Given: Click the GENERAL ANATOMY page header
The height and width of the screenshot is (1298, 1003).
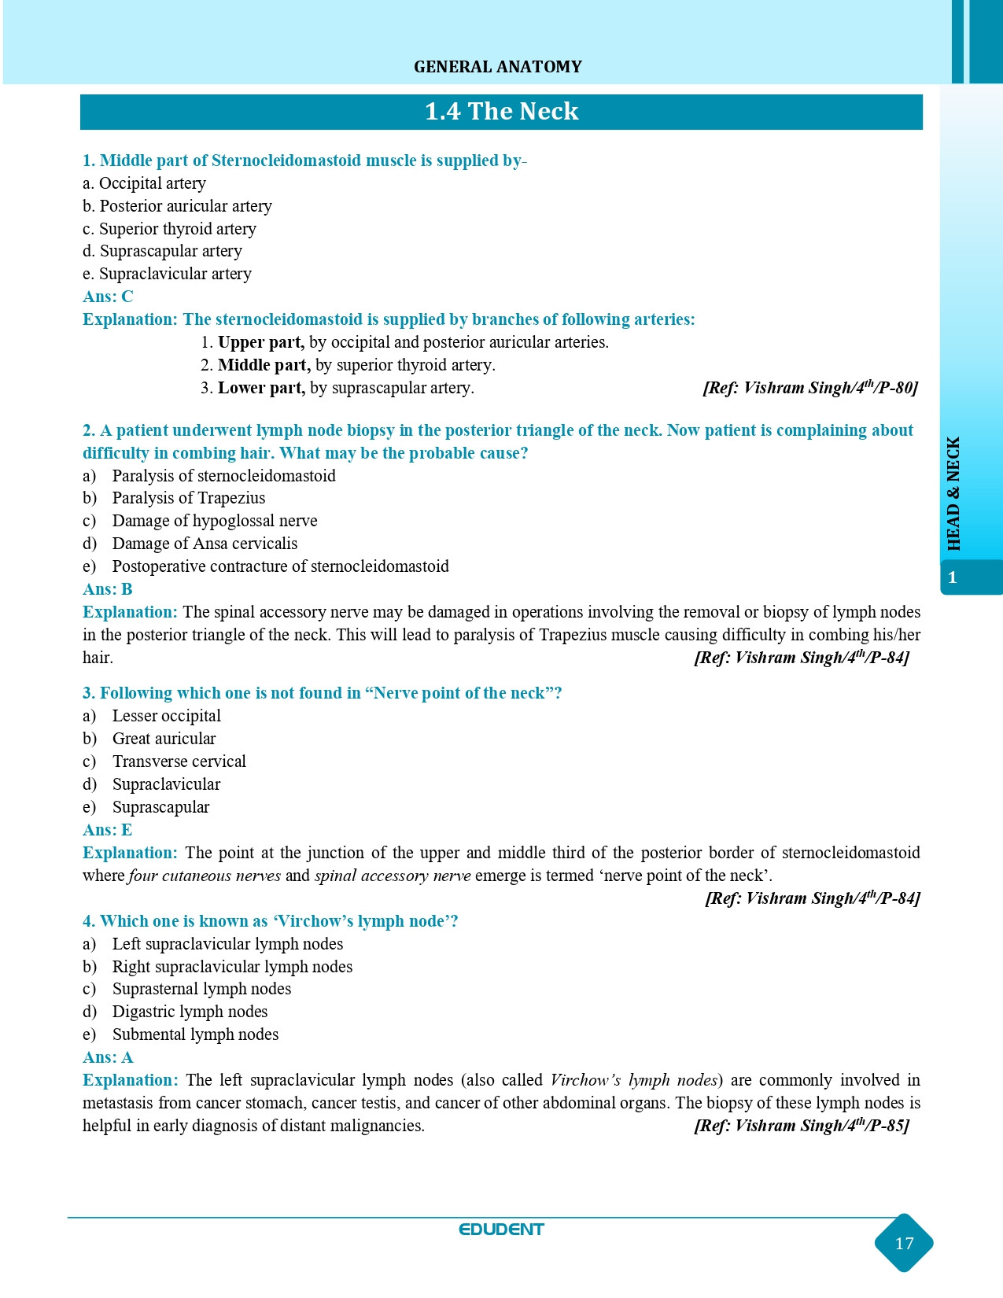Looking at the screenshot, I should click(498, 67).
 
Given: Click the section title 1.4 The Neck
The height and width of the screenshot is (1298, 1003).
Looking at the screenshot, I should click(501, 112).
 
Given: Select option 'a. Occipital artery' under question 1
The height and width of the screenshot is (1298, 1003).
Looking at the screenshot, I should click(145, 183).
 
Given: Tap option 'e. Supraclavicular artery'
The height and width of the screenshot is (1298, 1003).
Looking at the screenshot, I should click(168, 274).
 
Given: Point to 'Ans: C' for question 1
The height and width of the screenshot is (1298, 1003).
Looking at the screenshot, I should click(108, 297).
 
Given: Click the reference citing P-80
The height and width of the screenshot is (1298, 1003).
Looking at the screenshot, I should click(809, 388).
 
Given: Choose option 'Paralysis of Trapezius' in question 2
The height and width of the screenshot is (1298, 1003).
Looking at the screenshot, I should click(189, 498).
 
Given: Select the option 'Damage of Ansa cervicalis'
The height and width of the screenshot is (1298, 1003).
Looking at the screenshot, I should click(205, 544).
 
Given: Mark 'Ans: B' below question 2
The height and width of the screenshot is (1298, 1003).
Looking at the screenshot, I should click(108, 589).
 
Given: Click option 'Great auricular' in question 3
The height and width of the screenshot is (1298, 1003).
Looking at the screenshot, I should click(164, 739).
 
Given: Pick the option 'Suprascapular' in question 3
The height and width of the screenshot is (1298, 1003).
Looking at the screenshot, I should click(160, 807).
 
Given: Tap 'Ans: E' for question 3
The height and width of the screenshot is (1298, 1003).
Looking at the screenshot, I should click(108, 830).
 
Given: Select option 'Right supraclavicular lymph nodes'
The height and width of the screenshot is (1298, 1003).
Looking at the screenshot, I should click(232, 967).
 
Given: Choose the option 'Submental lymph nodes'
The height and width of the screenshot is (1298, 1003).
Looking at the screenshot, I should click(195, 1034).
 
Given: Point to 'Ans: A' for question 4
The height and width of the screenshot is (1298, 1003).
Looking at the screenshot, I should click(108, 1057).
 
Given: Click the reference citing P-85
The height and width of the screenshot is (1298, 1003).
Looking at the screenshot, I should click(802, 1126).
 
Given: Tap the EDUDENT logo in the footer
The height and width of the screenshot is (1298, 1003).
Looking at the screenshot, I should click(501, 1230).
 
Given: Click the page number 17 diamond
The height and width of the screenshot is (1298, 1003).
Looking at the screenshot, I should click(904, 1243).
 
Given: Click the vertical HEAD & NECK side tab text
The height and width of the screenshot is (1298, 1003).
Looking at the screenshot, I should click(953, 494).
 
